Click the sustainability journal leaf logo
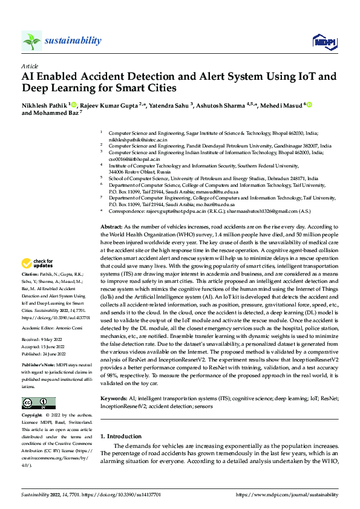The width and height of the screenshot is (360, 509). point(31,41)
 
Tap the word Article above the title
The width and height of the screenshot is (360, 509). point(30,66)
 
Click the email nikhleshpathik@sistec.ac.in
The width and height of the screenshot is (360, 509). point(137,139)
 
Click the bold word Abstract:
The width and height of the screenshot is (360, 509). point(111,225)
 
